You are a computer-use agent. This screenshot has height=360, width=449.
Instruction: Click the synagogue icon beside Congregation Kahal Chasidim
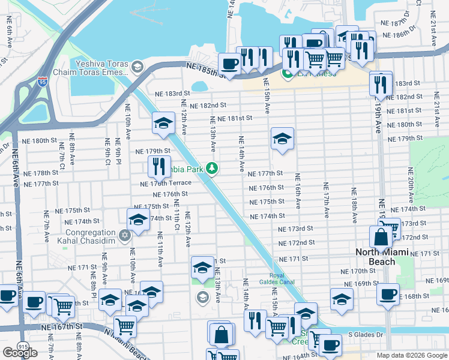click(125, 235)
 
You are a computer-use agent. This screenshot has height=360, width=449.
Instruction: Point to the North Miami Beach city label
click(384, 253)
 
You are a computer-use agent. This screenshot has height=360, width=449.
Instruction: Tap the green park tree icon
click(211, 168)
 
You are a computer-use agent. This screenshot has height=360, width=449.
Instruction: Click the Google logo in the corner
click(20, 353)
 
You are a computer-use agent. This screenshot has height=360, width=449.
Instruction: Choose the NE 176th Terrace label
click(166, 183)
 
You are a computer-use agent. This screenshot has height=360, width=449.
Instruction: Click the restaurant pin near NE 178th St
click(159, 165)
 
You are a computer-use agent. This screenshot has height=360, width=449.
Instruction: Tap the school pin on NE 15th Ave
click(282, 139)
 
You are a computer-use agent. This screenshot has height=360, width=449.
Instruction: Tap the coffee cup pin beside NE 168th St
click(388, 294)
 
